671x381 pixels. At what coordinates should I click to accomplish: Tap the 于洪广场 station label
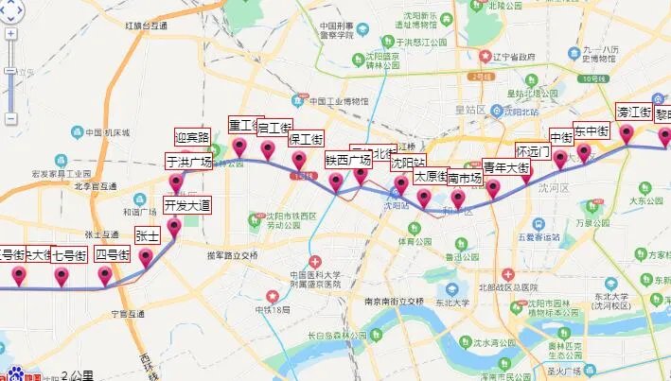pyautogui.click(x=189, y=162)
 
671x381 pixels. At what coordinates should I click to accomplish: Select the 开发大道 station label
pyautogui.click(x=187, y=205)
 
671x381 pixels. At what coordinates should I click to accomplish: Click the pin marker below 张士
pyautogui.click(x=147, y=258)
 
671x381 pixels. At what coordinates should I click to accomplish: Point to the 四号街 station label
pyautogui.click(x=113, y=254)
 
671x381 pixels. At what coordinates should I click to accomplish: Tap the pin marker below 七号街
pyautogui.click(x=62, y=277)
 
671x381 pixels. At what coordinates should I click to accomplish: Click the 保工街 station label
pyautogui.click(x=306, y=139)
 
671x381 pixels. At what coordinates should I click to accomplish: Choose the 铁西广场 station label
pyautogui.click(x=348, y=160)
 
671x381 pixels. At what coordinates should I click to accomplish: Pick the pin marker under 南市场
pyautogui.click(x=459, y=199)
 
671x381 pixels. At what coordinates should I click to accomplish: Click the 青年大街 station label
pyautogui.click(x=506, y=168)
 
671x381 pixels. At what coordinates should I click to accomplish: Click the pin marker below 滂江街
pyautogui.click(x=627, y=134)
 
